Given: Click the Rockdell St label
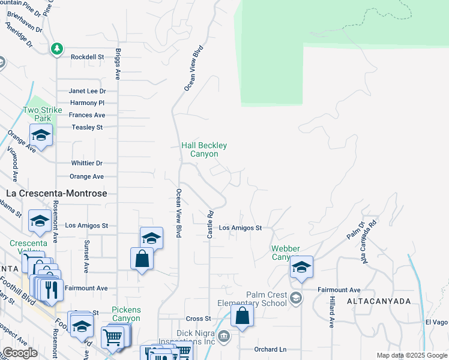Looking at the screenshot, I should [87, 57].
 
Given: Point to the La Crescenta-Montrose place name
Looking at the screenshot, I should [56, 194].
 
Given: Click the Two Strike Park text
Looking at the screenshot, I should [39, 114].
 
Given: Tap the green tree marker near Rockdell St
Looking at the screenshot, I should [57, 49].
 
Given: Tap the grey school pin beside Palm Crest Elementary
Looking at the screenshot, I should [295, 298].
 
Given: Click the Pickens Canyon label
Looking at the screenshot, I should [126, 314].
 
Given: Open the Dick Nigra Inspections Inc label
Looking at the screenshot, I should [195, 337].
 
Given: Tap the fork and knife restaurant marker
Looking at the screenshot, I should [50, 288].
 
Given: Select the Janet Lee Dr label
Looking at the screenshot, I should [87, 91].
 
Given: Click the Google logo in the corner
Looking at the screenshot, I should [19, 353].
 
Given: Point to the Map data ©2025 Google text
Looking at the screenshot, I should [411, 355].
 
